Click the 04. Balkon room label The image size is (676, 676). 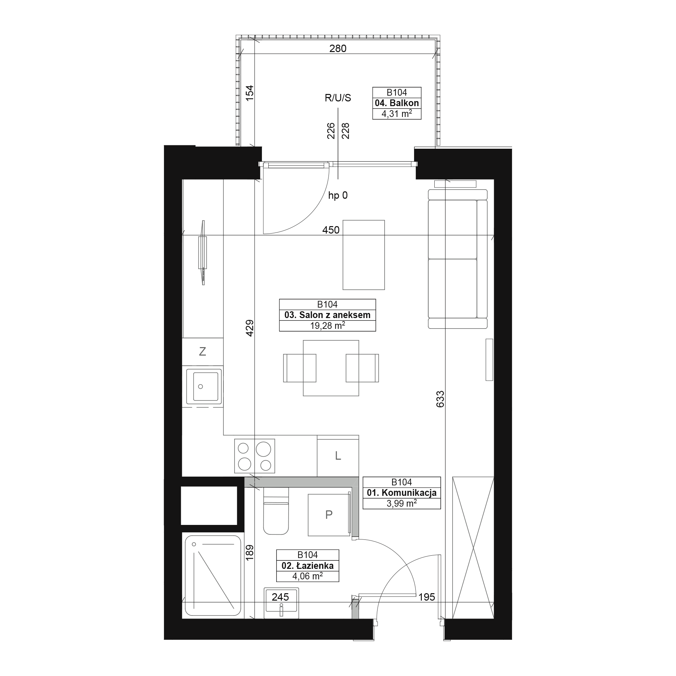pyautogui.click(x=397, y=103)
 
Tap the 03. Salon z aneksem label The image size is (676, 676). pyautogui.click(x=327, y=315)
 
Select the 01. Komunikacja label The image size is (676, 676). pyautogui.click(x=401, y=493)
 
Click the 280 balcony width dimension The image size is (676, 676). pyautogui.click(x=338, y=48)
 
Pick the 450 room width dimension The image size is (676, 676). pyautogui.click(x=331, y=230)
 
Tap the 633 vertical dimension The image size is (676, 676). pyautogui.click(x=440, y=399)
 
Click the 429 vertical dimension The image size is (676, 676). pyautogui.click(x=249, y=328)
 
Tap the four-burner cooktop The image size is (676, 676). pyautogui.click(x=255, y=456)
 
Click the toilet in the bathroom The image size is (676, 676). pyautogui.click(x=276, y=511)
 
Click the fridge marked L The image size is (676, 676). pyautogui.click(x=338, y=456)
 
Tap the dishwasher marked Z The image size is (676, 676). pyautogui.click(x=202, y=352)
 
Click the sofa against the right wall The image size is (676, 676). pyautogui.click(x=458, y=259)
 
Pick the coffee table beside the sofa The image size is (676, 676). pyautogui.click(x=364, y=255)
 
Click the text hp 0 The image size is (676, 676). pyautogui.click(x=338, y=195)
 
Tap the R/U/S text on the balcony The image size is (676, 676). pyautogui.click(x=338, y=98)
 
